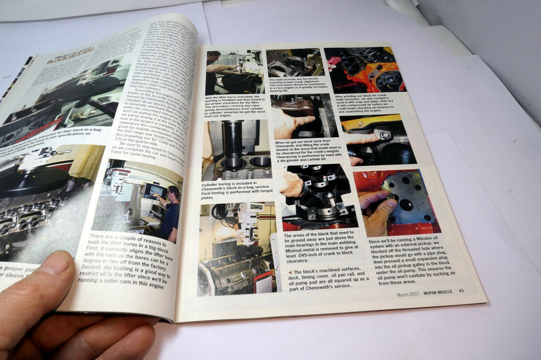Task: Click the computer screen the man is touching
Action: point(155,192)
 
